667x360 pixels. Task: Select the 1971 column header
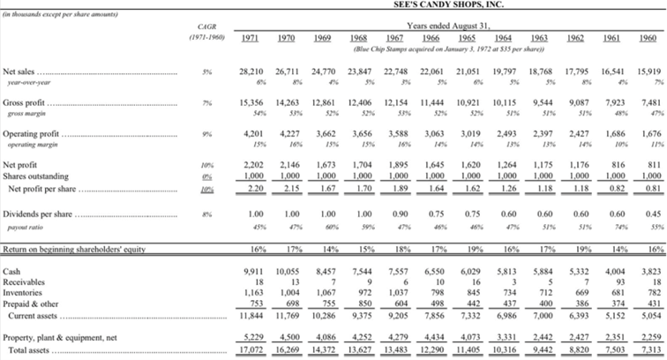point(250,38)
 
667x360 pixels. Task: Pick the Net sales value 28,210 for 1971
point(251,70)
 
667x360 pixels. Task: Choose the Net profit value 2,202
point(253,165)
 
